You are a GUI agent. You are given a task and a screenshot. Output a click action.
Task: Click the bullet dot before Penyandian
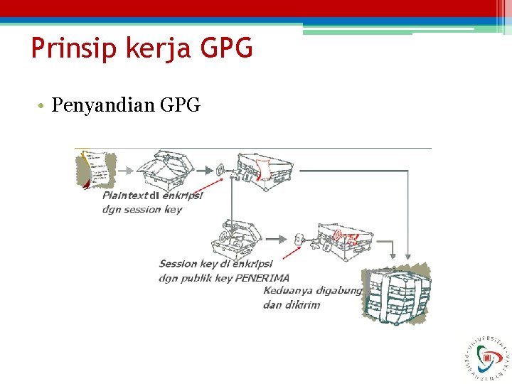43,107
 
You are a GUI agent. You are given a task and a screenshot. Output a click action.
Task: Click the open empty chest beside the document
165,169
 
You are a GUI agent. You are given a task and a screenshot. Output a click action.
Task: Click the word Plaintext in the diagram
125,196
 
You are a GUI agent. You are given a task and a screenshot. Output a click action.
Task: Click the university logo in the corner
486,356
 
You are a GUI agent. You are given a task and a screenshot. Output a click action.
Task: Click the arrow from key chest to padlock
278,239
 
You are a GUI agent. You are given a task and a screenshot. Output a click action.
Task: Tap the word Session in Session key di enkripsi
178,264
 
